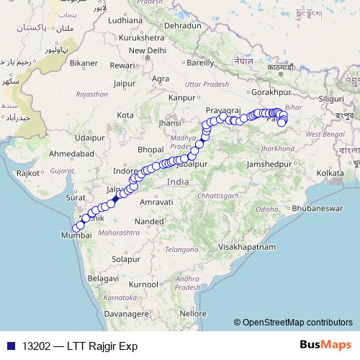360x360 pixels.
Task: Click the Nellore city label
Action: (x=194, y=314)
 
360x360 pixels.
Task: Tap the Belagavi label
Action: (x=102, y=277)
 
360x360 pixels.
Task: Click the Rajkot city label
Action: (x=29, y=173)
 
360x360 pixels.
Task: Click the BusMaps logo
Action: (x=328, y=346)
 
